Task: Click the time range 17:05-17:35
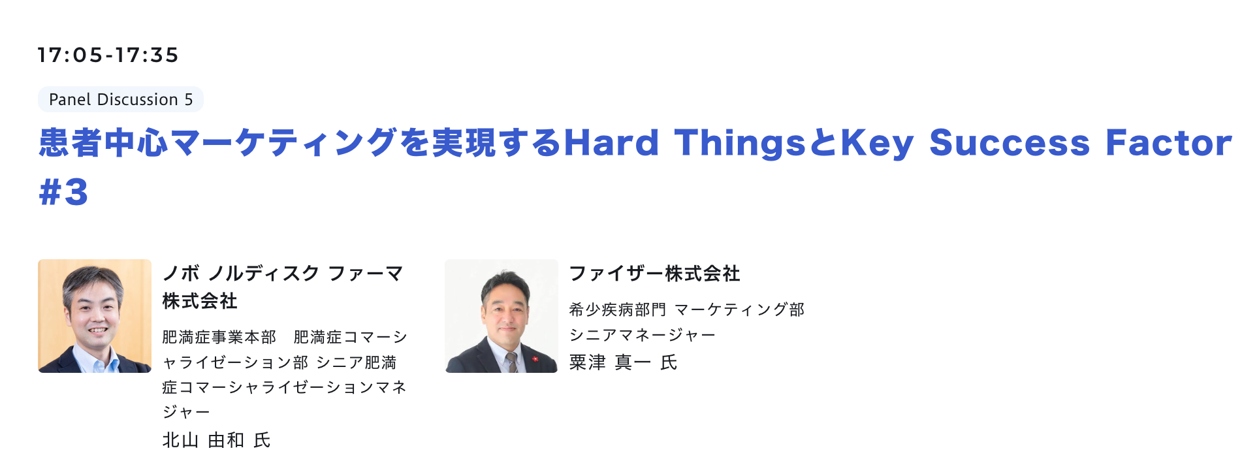pyautogui.click(x=108, y=55)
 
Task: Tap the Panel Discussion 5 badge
pyautogui.click(x=121, y=99)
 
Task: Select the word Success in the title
pyautogui.click(x=1010, y=143)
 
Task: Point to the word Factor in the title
pyautogui.click(x=1169, y=143)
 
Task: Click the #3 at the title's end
pyautogui.click(x=63, y=192)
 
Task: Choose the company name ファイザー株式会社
pyautogui.click(x=655, y=274)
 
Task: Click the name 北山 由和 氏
pyautogui.click(x=216, y=440)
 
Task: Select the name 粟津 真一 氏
pyautogui.click(x=623, y=362)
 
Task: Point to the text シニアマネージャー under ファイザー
pyautogui.click(x=643, y=335)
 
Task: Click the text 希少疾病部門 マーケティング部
pyautogui.click(x=687, y=310)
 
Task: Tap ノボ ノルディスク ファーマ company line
pyautogui.click(x=283, y=274)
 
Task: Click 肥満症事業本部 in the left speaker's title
pyautogui.click(x=219, y=337)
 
